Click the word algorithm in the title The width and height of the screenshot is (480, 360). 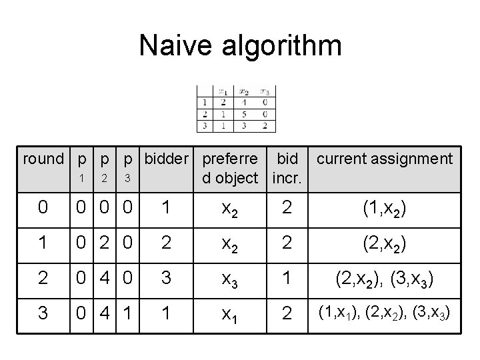coord(273,47)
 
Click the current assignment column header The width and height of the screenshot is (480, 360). coord(385,159)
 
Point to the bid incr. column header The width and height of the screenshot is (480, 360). coord(287,169)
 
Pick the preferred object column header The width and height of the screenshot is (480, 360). coord(230,169)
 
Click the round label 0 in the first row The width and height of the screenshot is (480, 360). coord(43,208)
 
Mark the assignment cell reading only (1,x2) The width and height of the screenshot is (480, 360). coord(385,208)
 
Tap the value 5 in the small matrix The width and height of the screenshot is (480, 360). coord(244,113)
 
